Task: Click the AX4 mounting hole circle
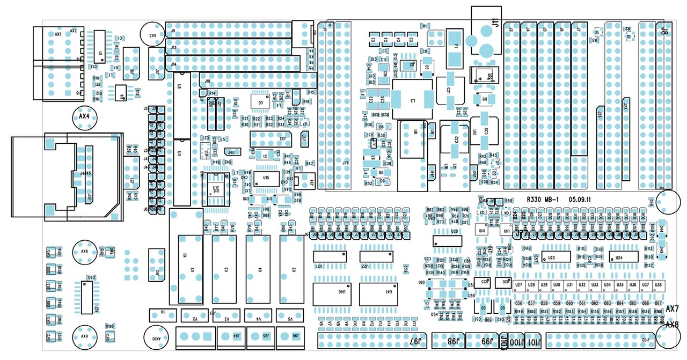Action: pos(84,116)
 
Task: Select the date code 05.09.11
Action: pos(580,199)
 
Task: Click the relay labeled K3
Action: pos(225,268)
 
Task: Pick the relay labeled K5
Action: pos(293,268)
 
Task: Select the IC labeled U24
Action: pos(619,258)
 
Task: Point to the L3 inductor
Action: pos(412,100)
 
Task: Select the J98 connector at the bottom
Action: pos(449,341)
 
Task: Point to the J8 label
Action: pos(664,31)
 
